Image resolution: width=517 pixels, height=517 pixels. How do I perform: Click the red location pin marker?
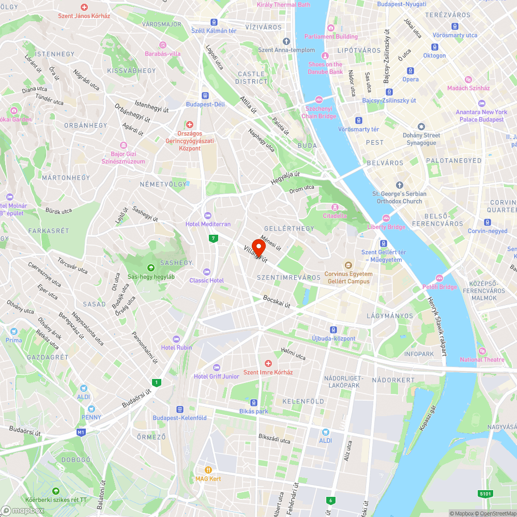258,246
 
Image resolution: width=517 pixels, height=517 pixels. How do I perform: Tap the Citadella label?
335,215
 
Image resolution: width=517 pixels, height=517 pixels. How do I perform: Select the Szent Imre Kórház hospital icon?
268,363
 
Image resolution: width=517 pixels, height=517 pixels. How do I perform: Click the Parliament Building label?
331,37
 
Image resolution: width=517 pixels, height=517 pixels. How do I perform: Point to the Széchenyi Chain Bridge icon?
319,99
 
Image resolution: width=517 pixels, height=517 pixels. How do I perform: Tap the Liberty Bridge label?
386,227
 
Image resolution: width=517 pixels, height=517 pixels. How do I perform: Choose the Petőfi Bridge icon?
439,278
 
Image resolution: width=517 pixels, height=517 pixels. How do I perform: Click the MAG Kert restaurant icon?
208,470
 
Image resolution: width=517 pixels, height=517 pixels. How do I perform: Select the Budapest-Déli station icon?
205,96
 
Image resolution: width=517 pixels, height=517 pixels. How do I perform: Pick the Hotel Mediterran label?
208,224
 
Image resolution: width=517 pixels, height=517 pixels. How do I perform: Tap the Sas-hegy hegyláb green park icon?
151,267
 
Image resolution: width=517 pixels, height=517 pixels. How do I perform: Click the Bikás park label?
254,411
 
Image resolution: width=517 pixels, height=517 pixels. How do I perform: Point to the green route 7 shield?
213,238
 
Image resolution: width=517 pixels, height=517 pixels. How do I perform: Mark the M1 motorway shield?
80,432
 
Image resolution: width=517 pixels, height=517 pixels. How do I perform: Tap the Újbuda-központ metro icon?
333,329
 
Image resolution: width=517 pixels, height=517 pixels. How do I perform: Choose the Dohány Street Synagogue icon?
421,127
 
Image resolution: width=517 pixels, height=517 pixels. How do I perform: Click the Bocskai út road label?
277,301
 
